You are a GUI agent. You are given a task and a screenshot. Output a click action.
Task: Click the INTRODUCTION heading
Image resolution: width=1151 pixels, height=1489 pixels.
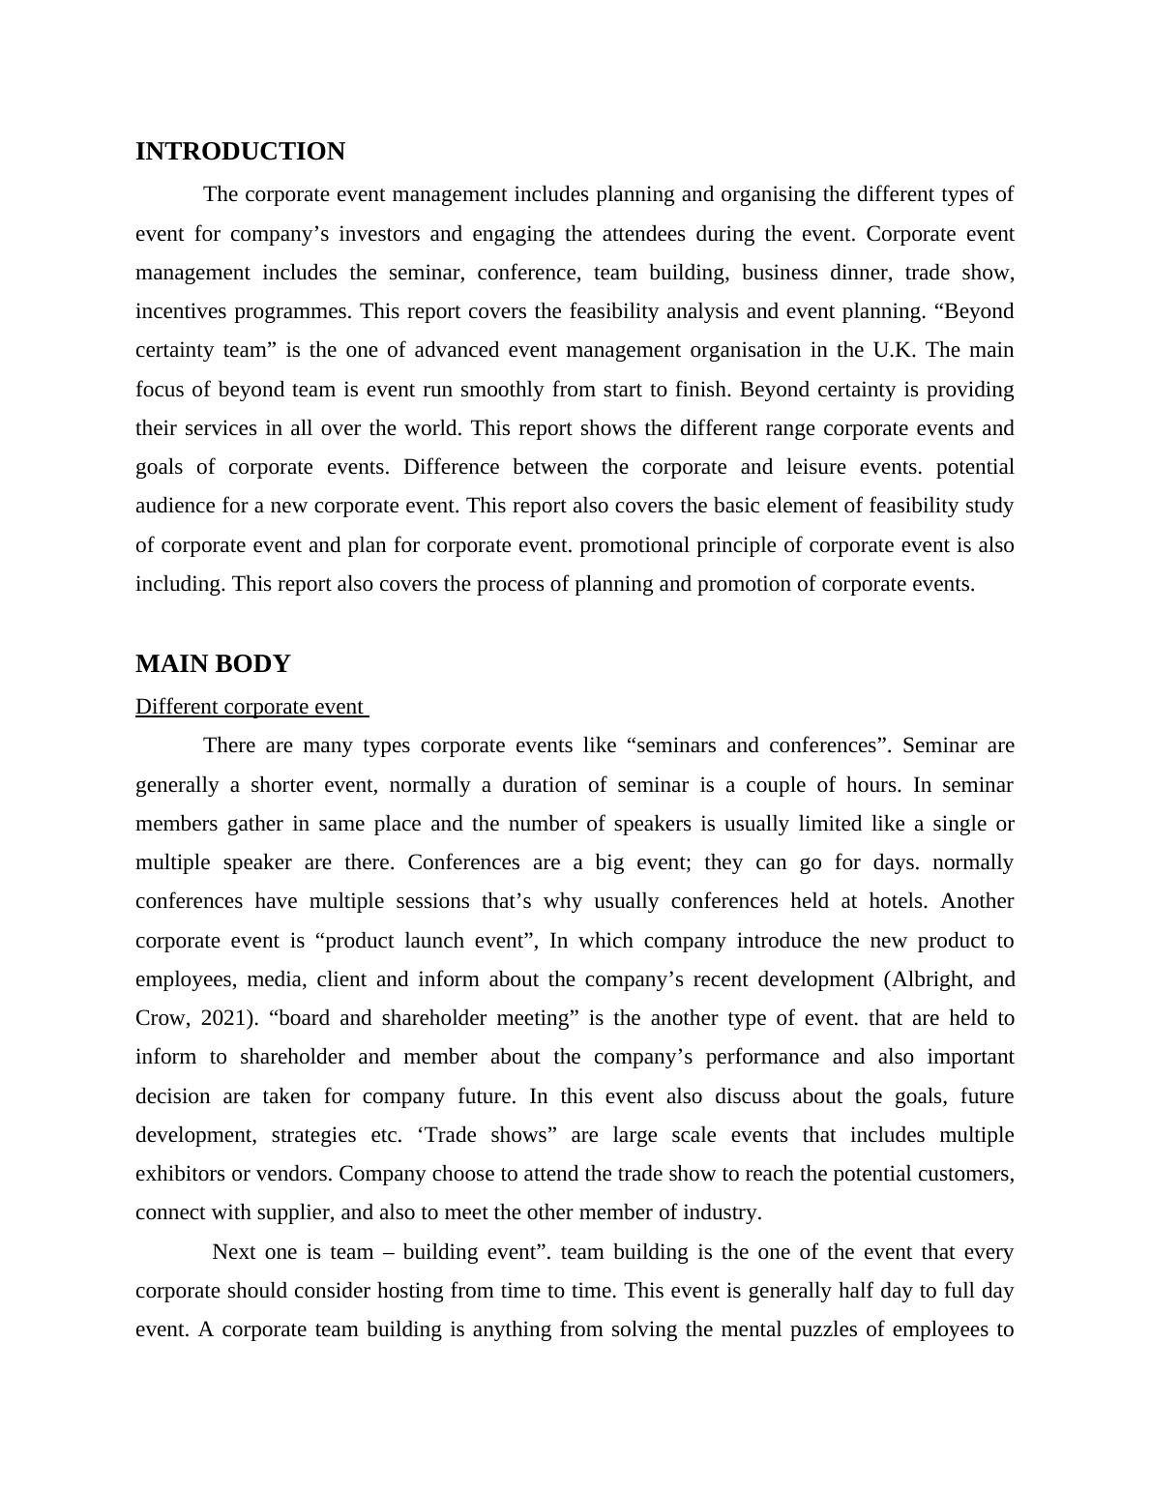(240, 152)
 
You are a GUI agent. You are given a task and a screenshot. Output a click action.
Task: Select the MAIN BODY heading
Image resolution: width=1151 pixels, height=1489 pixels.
(213, 664)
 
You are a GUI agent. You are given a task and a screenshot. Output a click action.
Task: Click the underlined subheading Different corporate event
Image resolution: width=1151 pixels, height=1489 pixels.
(251, 707)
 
